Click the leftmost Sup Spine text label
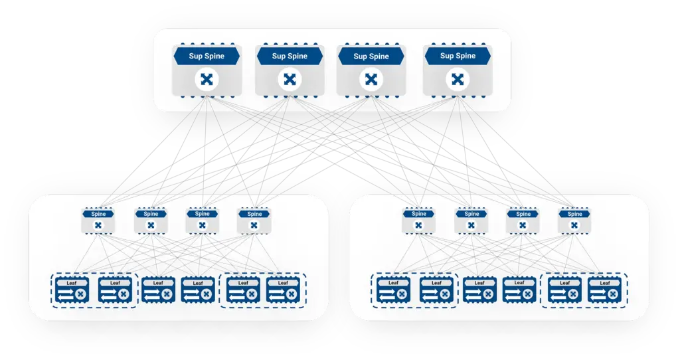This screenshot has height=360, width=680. [207, 56]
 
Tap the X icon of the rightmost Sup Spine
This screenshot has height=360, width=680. [457, 80]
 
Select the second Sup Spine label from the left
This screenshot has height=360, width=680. [289, 56]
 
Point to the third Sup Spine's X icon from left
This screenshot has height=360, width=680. [371, 80]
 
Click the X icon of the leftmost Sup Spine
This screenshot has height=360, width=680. [207, 80]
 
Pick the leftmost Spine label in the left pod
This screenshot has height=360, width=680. [98, 214]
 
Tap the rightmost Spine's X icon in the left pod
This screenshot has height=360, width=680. [254, 226]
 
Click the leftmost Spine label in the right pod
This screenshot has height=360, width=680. [418, 214]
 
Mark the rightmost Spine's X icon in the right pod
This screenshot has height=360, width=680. [575, 226]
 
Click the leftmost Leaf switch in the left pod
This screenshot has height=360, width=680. [72, 290]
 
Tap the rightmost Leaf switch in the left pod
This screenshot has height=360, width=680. [283, 290]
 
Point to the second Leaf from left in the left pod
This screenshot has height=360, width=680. [115, 290]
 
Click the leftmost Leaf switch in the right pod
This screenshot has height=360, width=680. [394, 290]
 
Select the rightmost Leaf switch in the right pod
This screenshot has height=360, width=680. [604, 290]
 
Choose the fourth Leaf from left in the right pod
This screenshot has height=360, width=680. [520, 290]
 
